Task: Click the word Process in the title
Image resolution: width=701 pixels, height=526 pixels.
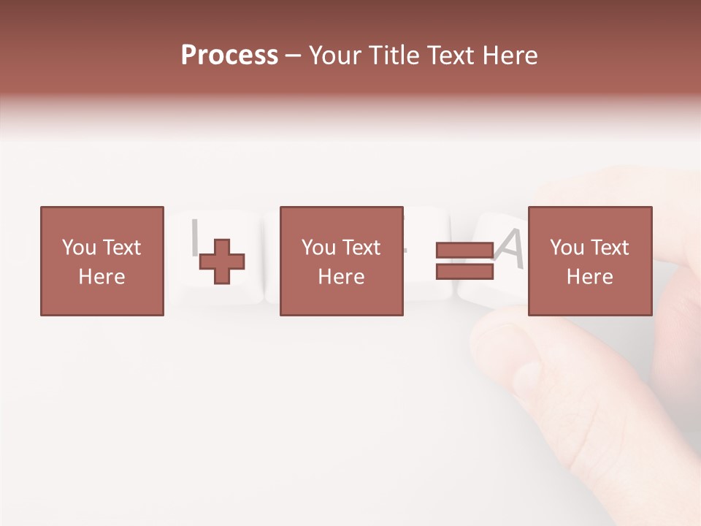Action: [x=229, y=56]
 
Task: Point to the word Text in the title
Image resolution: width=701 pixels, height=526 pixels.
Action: [x=452, y=56]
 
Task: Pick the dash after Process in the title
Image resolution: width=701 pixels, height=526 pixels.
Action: [x=293, y=57]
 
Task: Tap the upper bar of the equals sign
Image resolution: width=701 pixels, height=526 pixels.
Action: [x=464, y=250]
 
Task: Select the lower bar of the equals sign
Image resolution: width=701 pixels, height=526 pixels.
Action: [x=464, y=271]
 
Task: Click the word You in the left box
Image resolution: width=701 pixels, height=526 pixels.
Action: [x=79, y=248]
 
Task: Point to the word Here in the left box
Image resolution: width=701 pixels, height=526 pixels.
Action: [x=101, y=277]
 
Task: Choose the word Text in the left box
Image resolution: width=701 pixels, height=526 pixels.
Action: [x=121, y=248]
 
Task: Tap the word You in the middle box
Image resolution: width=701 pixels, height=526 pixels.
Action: [x=318, y=248]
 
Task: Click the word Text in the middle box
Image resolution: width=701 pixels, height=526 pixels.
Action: [x=361, y=248]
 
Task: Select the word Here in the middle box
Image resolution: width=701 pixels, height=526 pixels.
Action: [x=341, y=277]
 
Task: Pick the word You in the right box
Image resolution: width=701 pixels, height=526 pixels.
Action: [x=567, y=248]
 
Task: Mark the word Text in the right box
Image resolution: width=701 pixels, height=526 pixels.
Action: [x=609, y=248]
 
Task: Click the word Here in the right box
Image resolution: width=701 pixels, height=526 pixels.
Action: [x=589, y=277]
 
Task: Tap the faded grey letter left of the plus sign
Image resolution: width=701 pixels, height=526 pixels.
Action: [x=194, y=235]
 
